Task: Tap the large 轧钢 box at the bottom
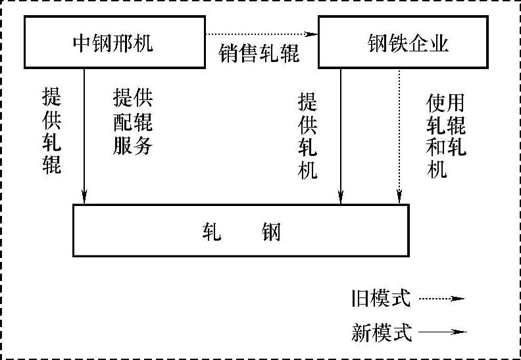(x=240, y=230)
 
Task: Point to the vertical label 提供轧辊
(x=51, y=132)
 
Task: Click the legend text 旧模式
(x=381, y=299)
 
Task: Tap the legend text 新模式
(x=381, y=333)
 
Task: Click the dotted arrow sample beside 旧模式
(x=441, y=299)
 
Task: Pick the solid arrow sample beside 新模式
(x=441, y=333)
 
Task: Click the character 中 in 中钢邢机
(x=82, y=43)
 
